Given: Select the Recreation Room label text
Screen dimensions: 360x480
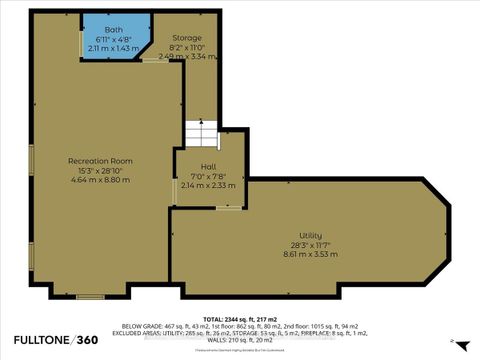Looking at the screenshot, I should coord(100,161).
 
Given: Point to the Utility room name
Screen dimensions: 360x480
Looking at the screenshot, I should coord(310,235).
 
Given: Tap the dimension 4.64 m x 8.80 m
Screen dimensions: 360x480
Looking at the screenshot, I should coord(100,181).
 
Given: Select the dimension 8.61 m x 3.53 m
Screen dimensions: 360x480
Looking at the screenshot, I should coord(310,255).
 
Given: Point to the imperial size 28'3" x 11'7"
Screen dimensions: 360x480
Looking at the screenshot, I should coord(310,245).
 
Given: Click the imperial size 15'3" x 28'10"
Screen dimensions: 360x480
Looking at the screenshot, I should coord(100,171).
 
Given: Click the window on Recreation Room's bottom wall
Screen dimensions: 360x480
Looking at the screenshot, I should coord(91,295).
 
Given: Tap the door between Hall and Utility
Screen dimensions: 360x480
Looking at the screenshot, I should coord(229,208).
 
